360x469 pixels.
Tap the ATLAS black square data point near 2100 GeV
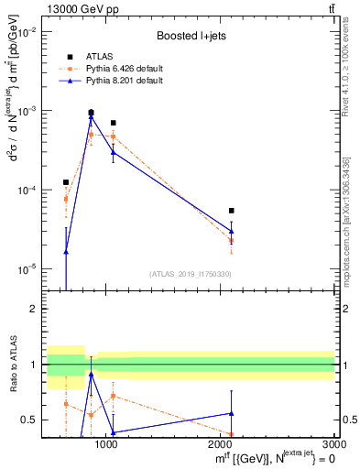point(231,211)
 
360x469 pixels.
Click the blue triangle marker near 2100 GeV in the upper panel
point(231,231)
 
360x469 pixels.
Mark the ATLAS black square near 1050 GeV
point(113,123)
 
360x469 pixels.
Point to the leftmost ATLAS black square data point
point(66,182)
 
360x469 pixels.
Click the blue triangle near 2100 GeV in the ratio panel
point(231,413)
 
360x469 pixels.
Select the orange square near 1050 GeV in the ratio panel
point(113,396)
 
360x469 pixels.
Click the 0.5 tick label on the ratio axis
point(29,420)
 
